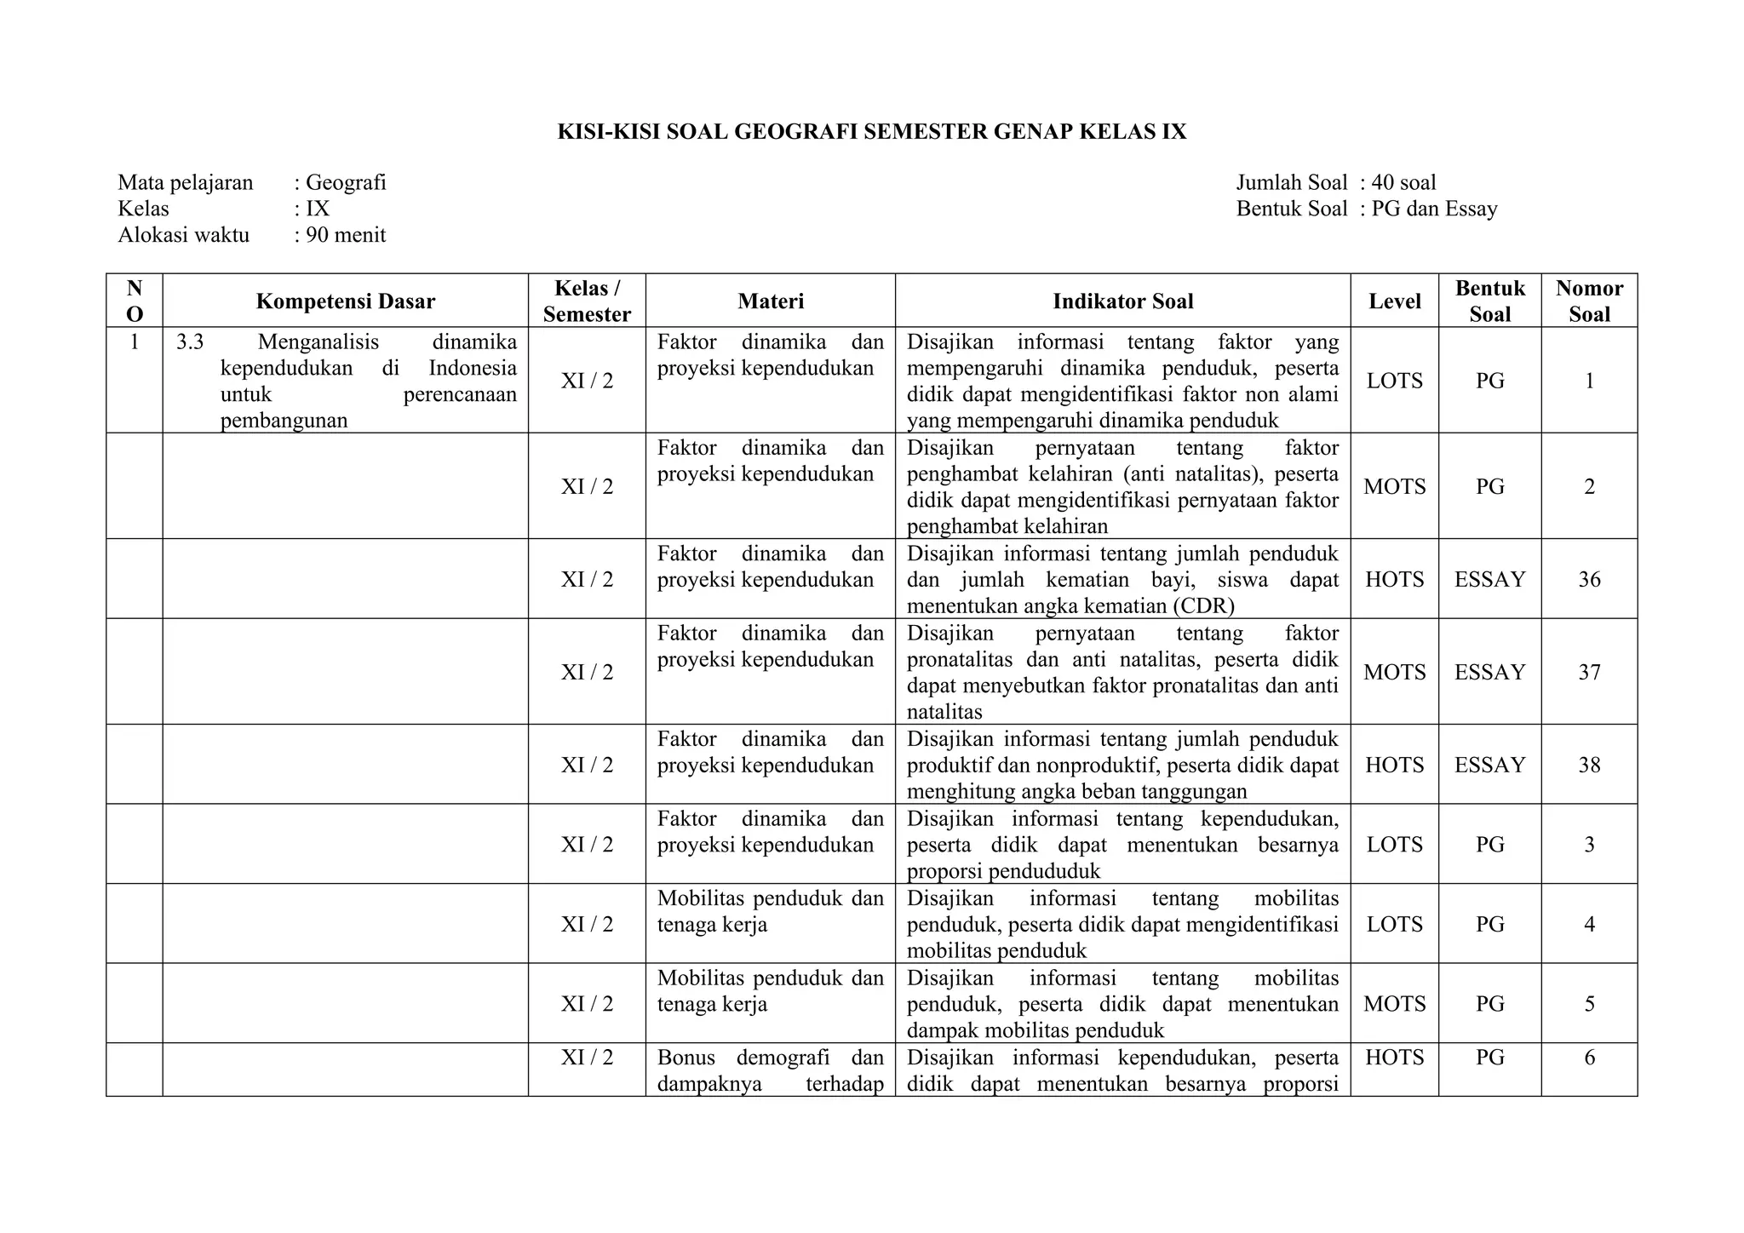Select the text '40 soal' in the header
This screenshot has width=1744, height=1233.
tap(1403, 183)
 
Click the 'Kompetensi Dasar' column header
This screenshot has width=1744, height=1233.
tap(345, 301)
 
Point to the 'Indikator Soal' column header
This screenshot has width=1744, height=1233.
tap(1122, 301)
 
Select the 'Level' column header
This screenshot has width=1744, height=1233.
tap(1394, 301)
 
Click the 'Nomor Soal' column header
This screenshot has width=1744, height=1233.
tap(1589, 301)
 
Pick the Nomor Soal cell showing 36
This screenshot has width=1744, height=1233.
tap(1589, 580)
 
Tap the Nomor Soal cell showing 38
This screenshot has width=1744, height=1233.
tap(1589, 766)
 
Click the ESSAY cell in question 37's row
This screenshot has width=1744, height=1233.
tap(1489, 673)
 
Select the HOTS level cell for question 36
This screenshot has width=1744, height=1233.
tap(1394, 580)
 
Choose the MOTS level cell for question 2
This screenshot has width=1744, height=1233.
tap(1394, 487)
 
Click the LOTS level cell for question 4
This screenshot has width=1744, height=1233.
tap(1394, 925)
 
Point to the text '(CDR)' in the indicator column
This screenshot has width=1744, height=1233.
tap(1202, 606)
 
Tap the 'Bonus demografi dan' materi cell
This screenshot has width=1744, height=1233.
tap(770, 1058)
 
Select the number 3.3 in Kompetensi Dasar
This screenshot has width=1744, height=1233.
tap(190, 342)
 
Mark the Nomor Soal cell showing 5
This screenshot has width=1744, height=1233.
tap(1589, 1004)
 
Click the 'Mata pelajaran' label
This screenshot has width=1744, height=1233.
tap(186, 183)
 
